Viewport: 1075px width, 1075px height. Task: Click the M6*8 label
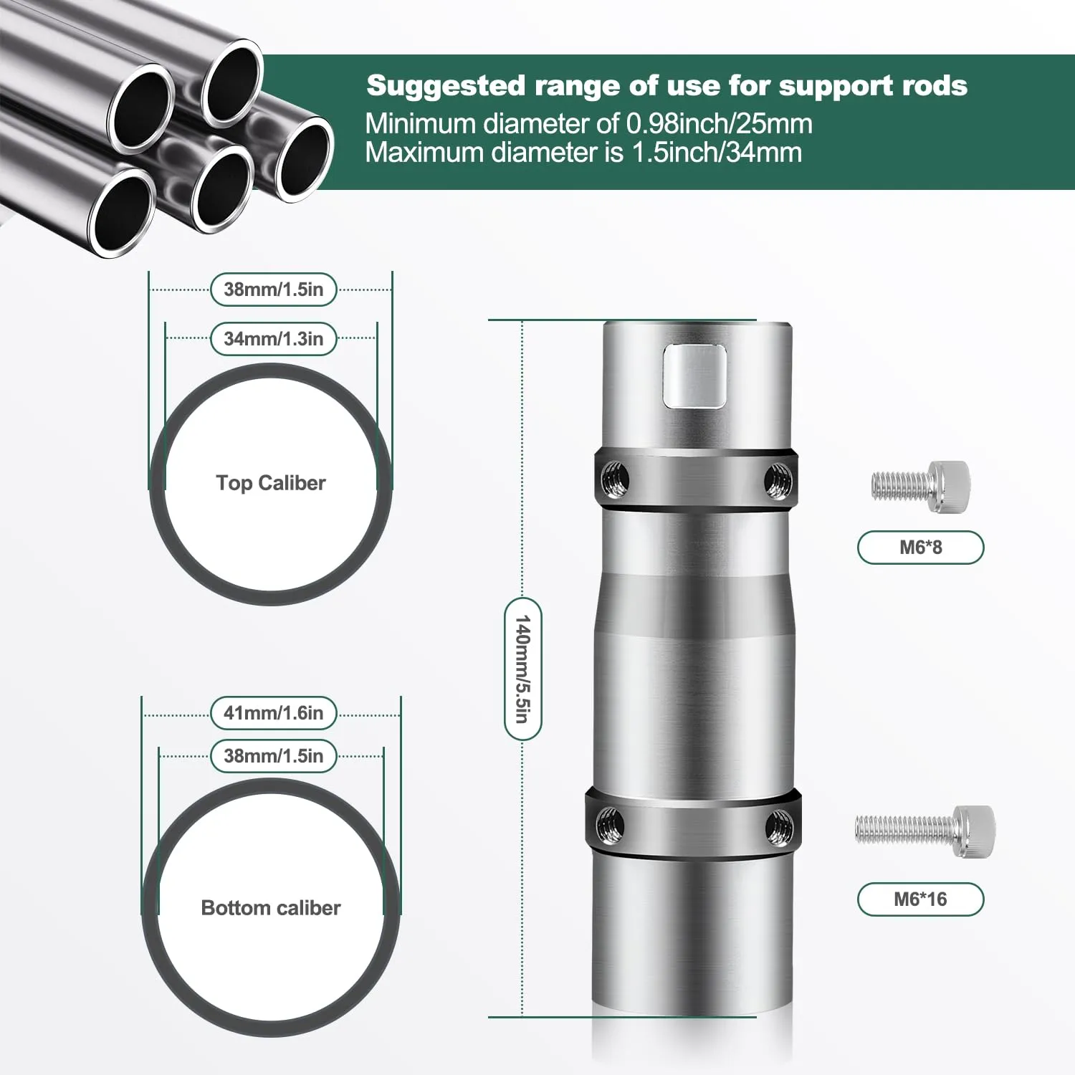click(920, 548)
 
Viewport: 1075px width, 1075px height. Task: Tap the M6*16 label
click(920, 899)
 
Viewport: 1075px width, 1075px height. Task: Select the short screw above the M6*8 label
click(920, 487)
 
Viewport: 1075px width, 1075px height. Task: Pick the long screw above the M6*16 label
click(924, 831)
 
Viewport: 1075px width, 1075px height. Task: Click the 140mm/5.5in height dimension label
click(523, 669)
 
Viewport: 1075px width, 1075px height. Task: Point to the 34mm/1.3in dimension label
click(274, 339)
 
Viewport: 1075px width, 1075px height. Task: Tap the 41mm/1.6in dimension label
click(274, 713)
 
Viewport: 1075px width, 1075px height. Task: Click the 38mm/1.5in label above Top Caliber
click(274, 290)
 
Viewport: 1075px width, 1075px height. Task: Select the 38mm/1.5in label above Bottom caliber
click(274, 756)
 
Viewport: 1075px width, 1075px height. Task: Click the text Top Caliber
click(271, 483)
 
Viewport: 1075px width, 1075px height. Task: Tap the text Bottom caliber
click(271, 908)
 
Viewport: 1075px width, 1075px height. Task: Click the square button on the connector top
click(694, 376)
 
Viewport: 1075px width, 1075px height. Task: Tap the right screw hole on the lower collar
click(778, 826)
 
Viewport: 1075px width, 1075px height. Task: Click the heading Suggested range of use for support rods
click(666, 86)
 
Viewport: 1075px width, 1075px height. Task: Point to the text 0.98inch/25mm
click(720, 124)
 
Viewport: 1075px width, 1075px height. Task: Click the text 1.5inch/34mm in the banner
click(717, 153)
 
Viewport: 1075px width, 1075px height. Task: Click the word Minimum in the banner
click(421, 124)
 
